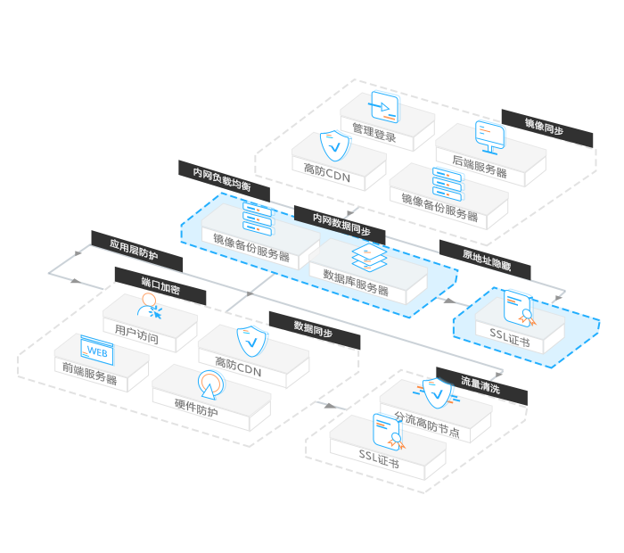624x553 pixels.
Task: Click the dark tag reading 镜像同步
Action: pos(545,128)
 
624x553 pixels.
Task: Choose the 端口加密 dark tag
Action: pos(160,286)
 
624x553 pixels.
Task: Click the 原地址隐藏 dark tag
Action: pos(486,259)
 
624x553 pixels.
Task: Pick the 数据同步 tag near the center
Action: pos(314,329)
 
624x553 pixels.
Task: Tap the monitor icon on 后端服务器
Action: pos(490,134)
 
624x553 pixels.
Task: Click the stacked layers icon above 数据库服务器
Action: pos(366,258)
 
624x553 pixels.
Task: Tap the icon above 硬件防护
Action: pos(209,384)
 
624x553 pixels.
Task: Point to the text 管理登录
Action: pos(374,136)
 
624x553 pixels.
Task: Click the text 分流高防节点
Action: pos(427,425)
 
